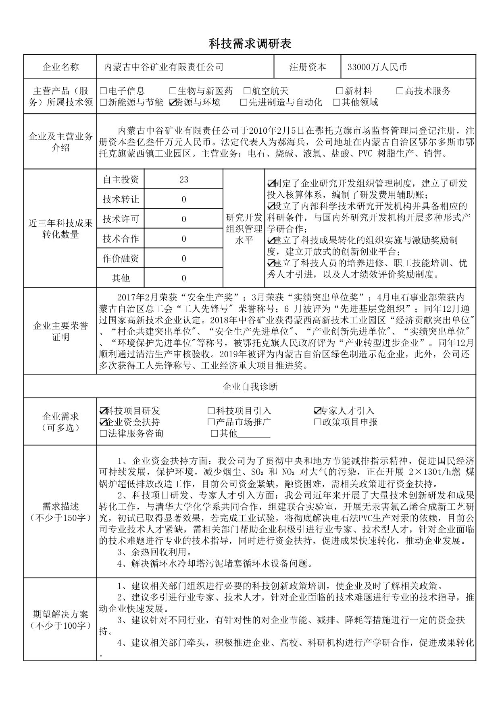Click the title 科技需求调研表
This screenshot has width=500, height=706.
pos(250,43)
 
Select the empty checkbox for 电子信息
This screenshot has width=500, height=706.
pos(103,91)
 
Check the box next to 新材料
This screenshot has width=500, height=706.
pos(339,91)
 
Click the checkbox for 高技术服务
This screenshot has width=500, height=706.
pos(400,91)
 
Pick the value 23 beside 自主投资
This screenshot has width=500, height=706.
pos(183,180)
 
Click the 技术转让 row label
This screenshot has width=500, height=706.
pos(121,199)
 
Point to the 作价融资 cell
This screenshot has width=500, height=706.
pos(121,259)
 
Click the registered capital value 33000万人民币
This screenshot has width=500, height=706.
pos(377,67)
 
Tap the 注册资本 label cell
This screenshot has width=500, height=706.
pos(307,67)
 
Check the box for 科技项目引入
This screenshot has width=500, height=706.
pos(211,411)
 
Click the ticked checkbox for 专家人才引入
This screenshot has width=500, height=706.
pos(317,411)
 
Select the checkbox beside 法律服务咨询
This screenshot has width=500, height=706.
pos(103,434)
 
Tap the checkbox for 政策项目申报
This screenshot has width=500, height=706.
pos(317,422)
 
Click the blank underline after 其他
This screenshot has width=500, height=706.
pos(254,435)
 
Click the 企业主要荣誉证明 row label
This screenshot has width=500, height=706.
pos(60,331)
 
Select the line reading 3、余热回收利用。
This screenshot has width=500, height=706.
pos(154,552)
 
